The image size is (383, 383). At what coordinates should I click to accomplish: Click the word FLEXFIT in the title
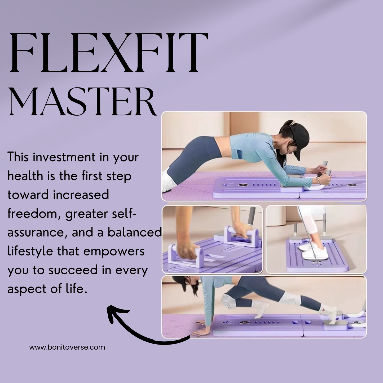tap(109, 53)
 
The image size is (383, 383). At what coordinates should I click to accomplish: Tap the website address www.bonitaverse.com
tap(67, 347)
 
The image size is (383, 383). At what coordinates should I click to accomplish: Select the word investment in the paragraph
tap(64, 157)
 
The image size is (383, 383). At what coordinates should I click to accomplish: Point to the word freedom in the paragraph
tap(34, 214)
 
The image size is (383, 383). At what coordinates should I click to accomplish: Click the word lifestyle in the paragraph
tap(30, 251)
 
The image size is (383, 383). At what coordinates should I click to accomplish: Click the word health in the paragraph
tap(25, 176)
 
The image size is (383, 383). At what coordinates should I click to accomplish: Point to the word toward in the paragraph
tap(28, 195)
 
